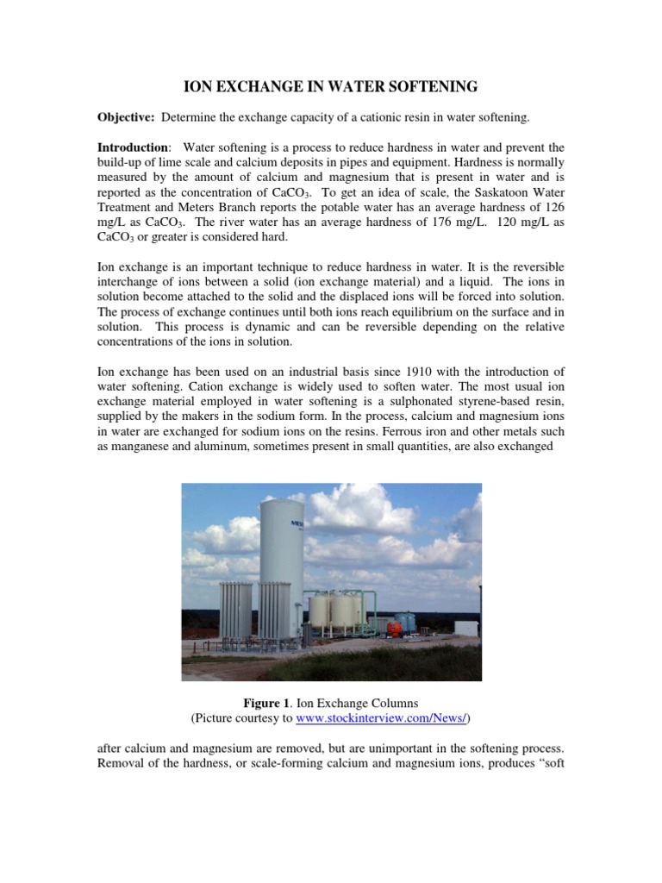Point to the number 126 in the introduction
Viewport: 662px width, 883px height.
(554, 203)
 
